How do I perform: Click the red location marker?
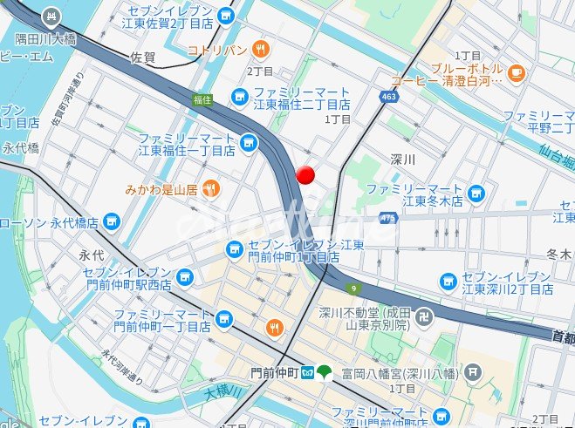pyautogui.click(x=305, y=174)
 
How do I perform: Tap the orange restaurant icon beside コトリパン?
pyautogui.click(x=260, y=49)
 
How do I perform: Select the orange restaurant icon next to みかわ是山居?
pyautogui.click(x=209, y=188)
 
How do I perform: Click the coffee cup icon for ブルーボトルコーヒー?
pyautogui.click(x=515, y=69)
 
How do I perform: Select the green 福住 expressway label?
pyautogui.click(x=203, y=99)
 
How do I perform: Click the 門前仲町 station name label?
pyautogui.click(x=274, y=372)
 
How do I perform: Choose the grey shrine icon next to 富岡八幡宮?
pyautogui.click(x=472, y=372)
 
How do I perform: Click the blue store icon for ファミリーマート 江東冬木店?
pyautogui.click(x=476, y=193)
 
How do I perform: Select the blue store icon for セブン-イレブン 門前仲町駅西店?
pyautogui.click(x=184, y=278)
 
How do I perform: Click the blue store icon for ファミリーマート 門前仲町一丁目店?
pyautogui.click(x=224, y=319)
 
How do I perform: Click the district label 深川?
pyautogui.click(x=403, y=160)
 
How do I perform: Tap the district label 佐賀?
pyautogui.click(x=142, y=58)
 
